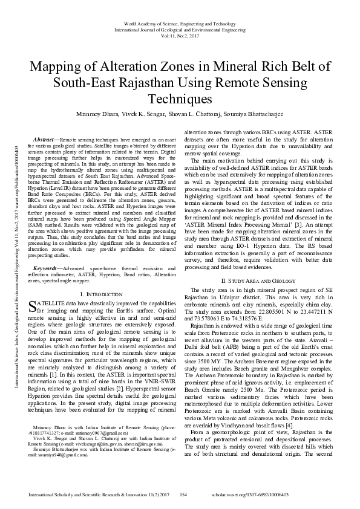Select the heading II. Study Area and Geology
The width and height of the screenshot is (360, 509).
coord(258,281)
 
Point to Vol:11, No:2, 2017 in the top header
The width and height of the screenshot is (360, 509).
coord(180,36)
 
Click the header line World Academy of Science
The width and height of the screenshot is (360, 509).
coord(180,23)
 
